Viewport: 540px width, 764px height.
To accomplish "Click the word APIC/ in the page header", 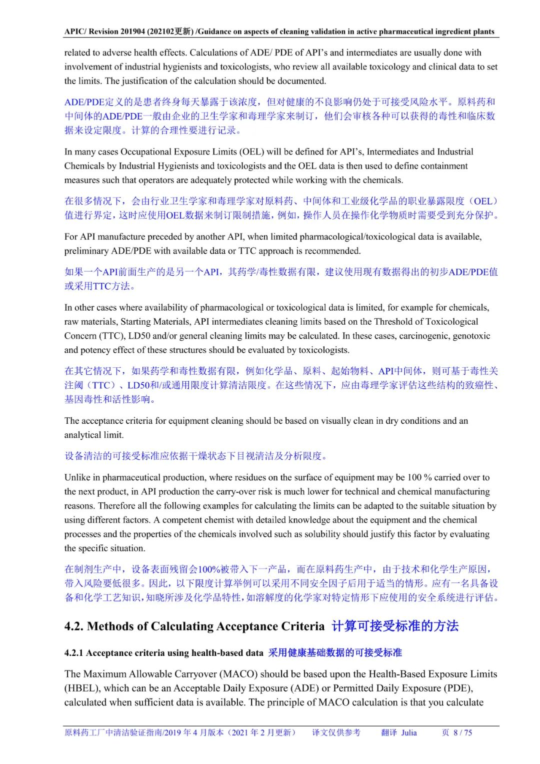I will (x=75, y=32).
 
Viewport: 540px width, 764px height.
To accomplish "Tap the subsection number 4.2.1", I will (x=74, y=653).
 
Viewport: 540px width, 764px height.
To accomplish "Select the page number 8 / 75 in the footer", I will (x=463, y=732).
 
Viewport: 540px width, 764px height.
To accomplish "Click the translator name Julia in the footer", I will (x=408, y=732).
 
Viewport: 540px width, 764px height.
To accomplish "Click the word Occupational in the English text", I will (x=145, y=152).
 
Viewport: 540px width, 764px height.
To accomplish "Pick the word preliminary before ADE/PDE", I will (x=86, y=251).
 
